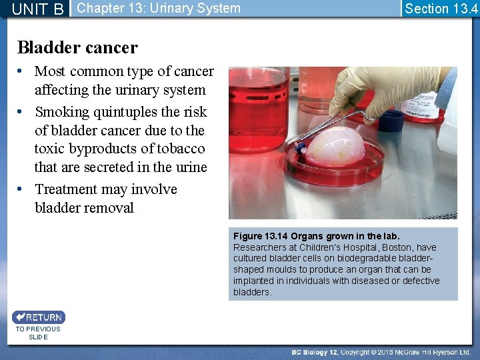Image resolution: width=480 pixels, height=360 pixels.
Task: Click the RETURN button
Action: pos(38,317)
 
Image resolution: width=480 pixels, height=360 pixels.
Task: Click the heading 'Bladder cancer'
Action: pos(77,47)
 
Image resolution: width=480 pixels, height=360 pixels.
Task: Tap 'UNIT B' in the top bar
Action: pos(38,9)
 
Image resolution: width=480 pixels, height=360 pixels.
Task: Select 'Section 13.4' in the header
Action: pos(441,9)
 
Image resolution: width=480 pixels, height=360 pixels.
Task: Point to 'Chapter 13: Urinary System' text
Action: pos(159,9)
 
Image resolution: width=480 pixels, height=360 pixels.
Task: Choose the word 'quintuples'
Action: pos(130,112)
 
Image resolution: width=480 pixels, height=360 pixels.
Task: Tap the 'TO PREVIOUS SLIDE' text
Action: pos(38,333)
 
